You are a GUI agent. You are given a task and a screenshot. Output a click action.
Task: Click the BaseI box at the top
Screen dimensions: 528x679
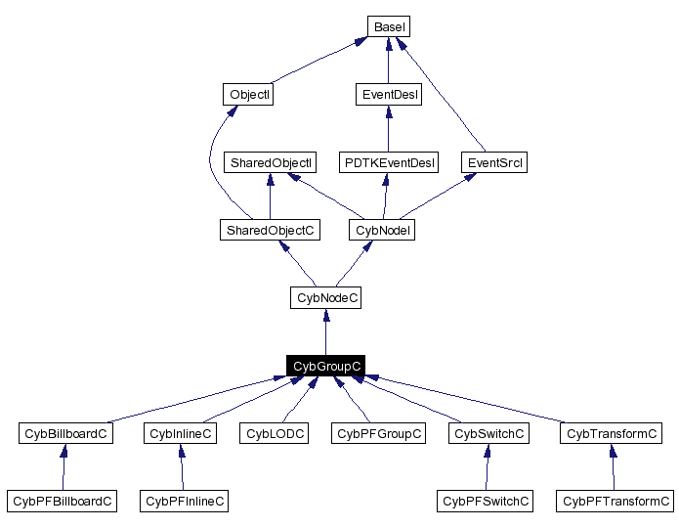coord(389,26)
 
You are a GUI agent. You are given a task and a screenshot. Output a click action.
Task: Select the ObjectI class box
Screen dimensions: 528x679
coord(247,95)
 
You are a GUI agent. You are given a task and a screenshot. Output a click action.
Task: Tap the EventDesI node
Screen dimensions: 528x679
coord(388,95)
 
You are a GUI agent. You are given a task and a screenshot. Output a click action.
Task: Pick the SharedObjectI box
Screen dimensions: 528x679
coord(270,162)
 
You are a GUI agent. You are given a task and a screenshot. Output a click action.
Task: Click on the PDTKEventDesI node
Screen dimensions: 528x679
coord(388,162)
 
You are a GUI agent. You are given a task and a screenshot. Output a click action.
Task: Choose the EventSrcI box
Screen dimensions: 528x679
coord(493,162)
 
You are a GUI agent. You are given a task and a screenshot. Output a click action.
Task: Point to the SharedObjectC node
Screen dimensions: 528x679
coord(270,230)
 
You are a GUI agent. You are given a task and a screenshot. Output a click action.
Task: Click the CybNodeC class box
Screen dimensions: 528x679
coord(325,297)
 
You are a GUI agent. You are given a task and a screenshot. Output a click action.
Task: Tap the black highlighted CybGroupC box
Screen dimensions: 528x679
coord(325,366)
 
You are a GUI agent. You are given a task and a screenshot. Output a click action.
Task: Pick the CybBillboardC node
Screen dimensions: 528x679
coord(65,433)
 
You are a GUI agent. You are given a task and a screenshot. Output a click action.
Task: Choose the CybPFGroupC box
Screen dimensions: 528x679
coord(378,433)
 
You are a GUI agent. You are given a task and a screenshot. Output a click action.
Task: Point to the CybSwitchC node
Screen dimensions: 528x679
coord(489,433)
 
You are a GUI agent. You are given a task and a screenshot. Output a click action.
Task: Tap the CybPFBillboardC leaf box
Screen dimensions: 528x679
coord(62,501)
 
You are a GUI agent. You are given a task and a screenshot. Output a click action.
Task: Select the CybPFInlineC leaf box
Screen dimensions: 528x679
coord(185,501)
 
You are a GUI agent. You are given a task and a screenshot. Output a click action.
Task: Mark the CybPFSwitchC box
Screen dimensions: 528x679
coord(485,501)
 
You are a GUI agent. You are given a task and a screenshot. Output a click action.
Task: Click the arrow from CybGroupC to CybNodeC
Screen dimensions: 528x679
coord(325,331)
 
